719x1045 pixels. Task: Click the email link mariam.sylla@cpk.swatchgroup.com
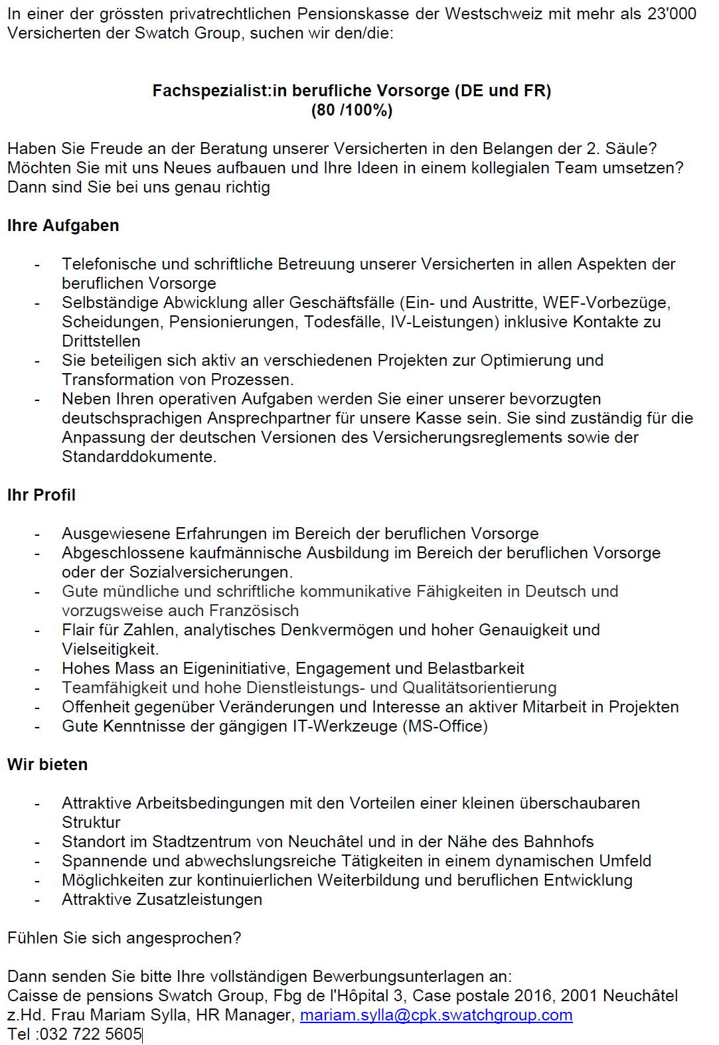[436, 1014]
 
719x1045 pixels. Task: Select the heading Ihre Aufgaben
[63, 226]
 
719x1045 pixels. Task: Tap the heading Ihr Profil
[41, 495]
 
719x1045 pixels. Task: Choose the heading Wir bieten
[47, 765]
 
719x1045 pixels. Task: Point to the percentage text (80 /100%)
[352, 110]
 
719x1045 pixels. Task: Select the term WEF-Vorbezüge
[606, 303]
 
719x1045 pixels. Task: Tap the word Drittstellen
[101, 341]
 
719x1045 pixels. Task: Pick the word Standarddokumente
[139, 457]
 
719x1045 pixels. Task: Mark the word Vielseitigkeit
[110, 649]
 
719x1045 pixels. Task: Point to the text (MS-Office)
[445, 726]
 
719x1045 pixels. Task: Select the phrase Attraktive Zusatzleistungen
[162, 900]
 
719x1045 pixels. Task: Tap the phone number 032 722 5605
[91, 1034]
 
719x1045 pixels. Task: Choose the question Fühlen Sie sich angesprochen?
[124, 938]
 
